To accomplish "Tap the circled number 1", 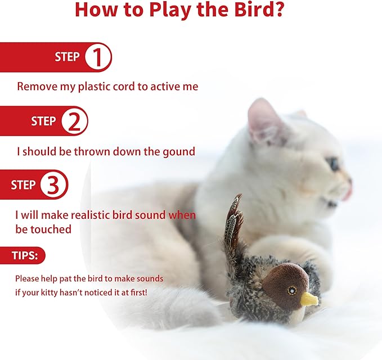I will click(97, 57).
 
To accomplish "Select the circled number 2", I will click(74, 121).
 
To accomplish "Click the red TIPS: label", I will click(25, 256).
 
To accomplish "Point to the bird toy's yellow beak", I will click(309, 299).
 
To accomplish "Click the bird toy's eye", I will click(291, 290).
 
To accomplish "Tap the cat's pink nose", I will click(349, 190).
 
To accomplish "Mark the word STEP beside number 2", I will click(43, 121).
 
